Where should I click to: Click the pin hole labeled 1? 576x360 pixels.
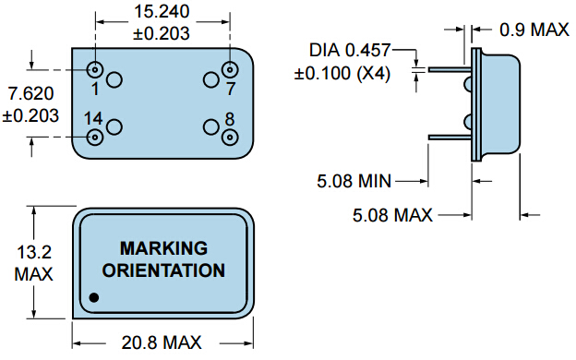(x=95, y=69)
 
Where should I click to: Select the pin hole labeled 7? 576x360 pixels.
(x=230, y=69)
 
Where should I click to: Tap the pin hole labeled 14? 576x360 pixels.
(x=95, y=137)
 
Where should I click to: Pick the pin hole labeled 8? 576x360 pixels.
(x=230, y=137)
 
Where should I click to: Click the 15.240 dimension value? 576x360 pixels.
(x=162, y=14)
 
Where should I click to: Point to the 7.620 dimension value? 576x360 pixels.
(x=30, y=94)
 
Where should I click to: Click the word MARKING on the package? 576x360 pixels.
(x=162, y=248)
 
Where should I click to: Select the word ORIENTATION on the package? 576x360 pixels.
(x=162, y=270)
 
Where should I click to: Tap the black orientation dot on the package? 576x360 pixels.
(x=94, y=297)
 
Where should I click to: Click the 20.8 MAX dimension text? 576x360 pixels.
(x=162, y=343)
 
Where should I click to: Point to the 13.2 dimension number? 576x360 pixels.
(x=33, y=252)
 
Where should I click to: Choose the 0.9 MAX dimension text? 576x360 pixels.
(x=534, y=30)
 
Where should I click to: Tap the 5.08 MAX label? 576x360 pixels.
(x=393, y=215)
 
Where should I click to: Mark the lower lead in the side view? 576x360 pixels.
(x=450, y=138)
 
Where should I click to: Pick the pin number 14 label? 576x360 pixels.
(x=92, y=118)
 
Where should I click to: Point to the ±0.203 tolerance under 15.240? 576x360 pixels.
(x=162, y=34)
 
